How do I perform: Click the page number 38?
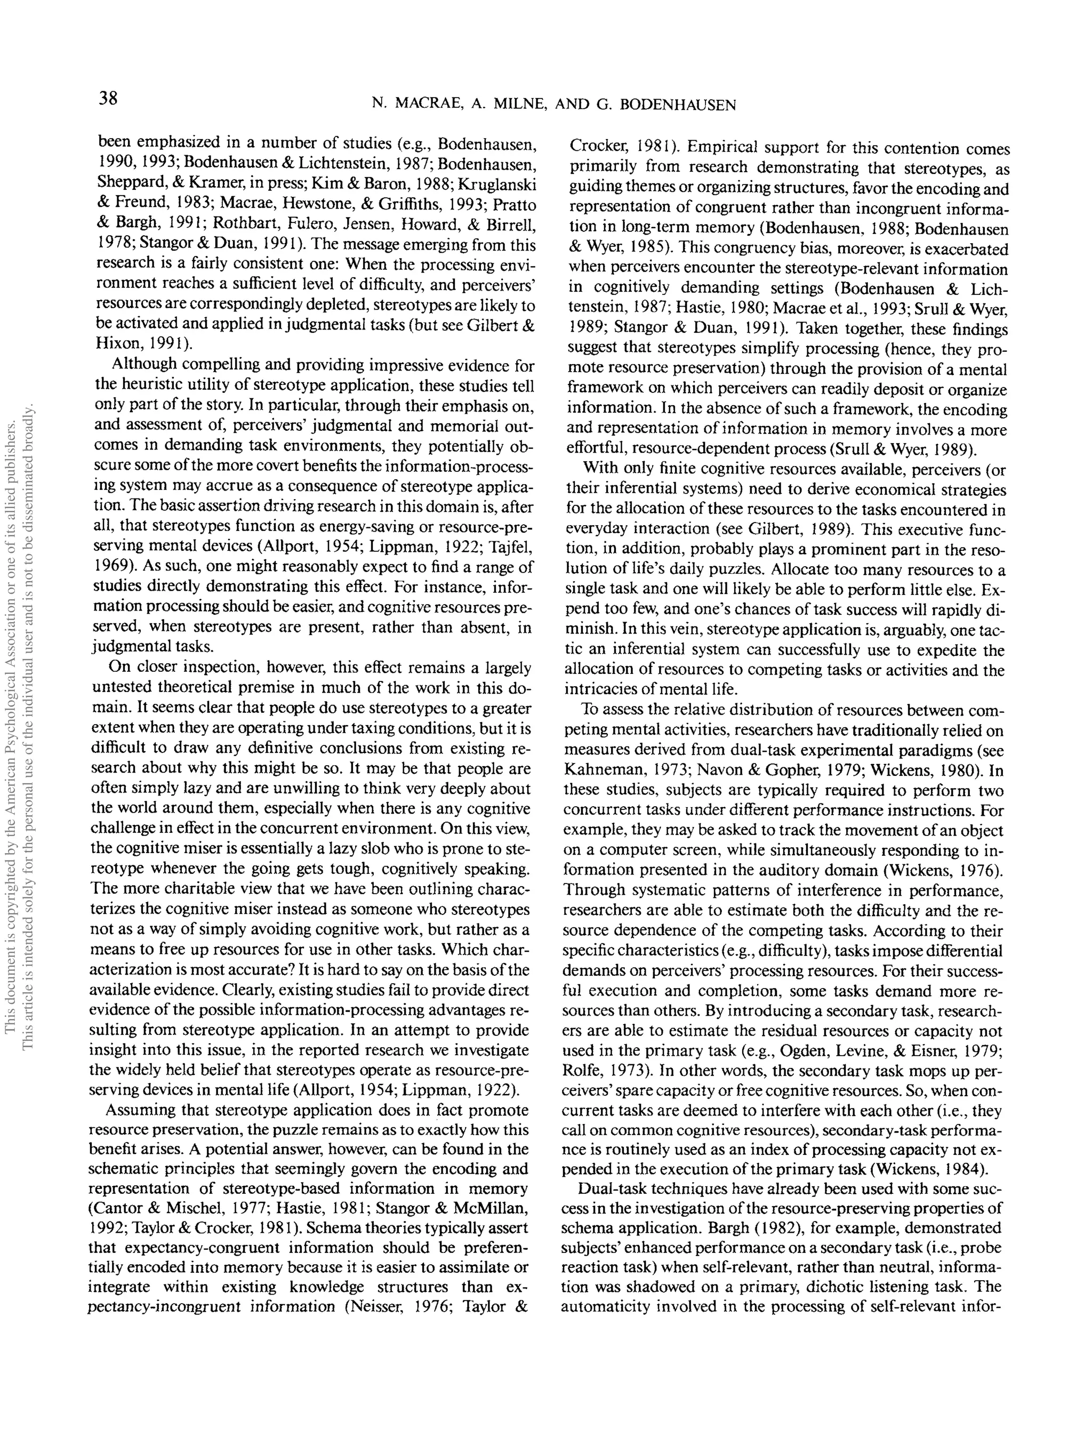coord(108,99)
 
